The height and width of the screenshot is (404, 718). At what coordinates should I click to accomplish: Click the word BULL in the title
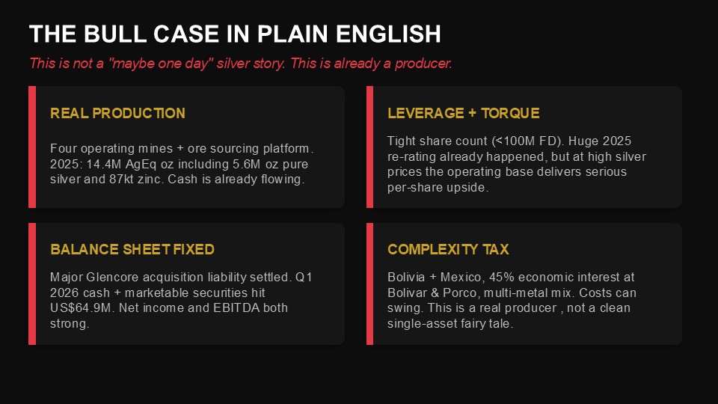pos(114,34)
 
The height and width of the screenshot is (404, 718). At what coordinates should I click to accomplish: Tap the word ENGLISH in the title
pos(388,34)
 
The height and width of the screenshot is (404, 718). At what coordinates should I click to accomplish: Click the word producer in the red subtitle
pos(423,63)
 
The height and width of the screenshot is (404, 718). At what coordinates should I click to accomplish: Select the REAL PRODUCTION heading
pos(117,113)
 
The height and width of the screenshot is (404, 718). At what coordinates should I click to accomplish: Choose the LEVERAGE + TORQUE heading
pos(464,113)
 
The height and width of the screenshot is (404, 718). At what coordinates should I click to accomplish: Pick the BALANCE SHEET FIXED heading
pos(132,249)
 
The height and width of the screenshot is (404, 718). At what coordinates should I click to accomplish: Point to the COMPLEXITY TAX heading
pos(448,249)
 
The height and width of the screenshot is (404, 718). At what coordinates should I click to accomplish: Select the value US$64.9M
pos(81,307)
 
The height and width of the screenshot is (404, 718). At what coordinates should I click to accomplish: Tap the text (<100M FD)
pos(528,141)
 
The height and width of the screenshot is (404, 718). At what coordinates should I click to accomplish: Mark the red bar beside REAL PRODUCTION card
pos(32,147)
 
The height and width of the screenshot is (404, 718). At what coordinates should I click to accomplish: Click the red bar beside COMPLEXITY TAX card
pos(370,284)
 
